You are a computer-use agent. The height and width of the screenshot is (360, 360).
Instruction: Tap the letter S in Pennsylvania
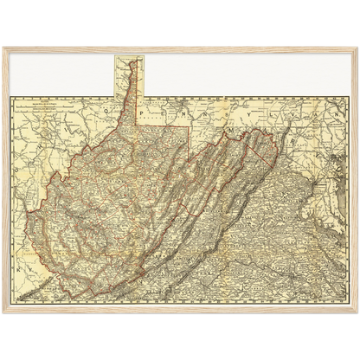[x=235, y=111]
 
